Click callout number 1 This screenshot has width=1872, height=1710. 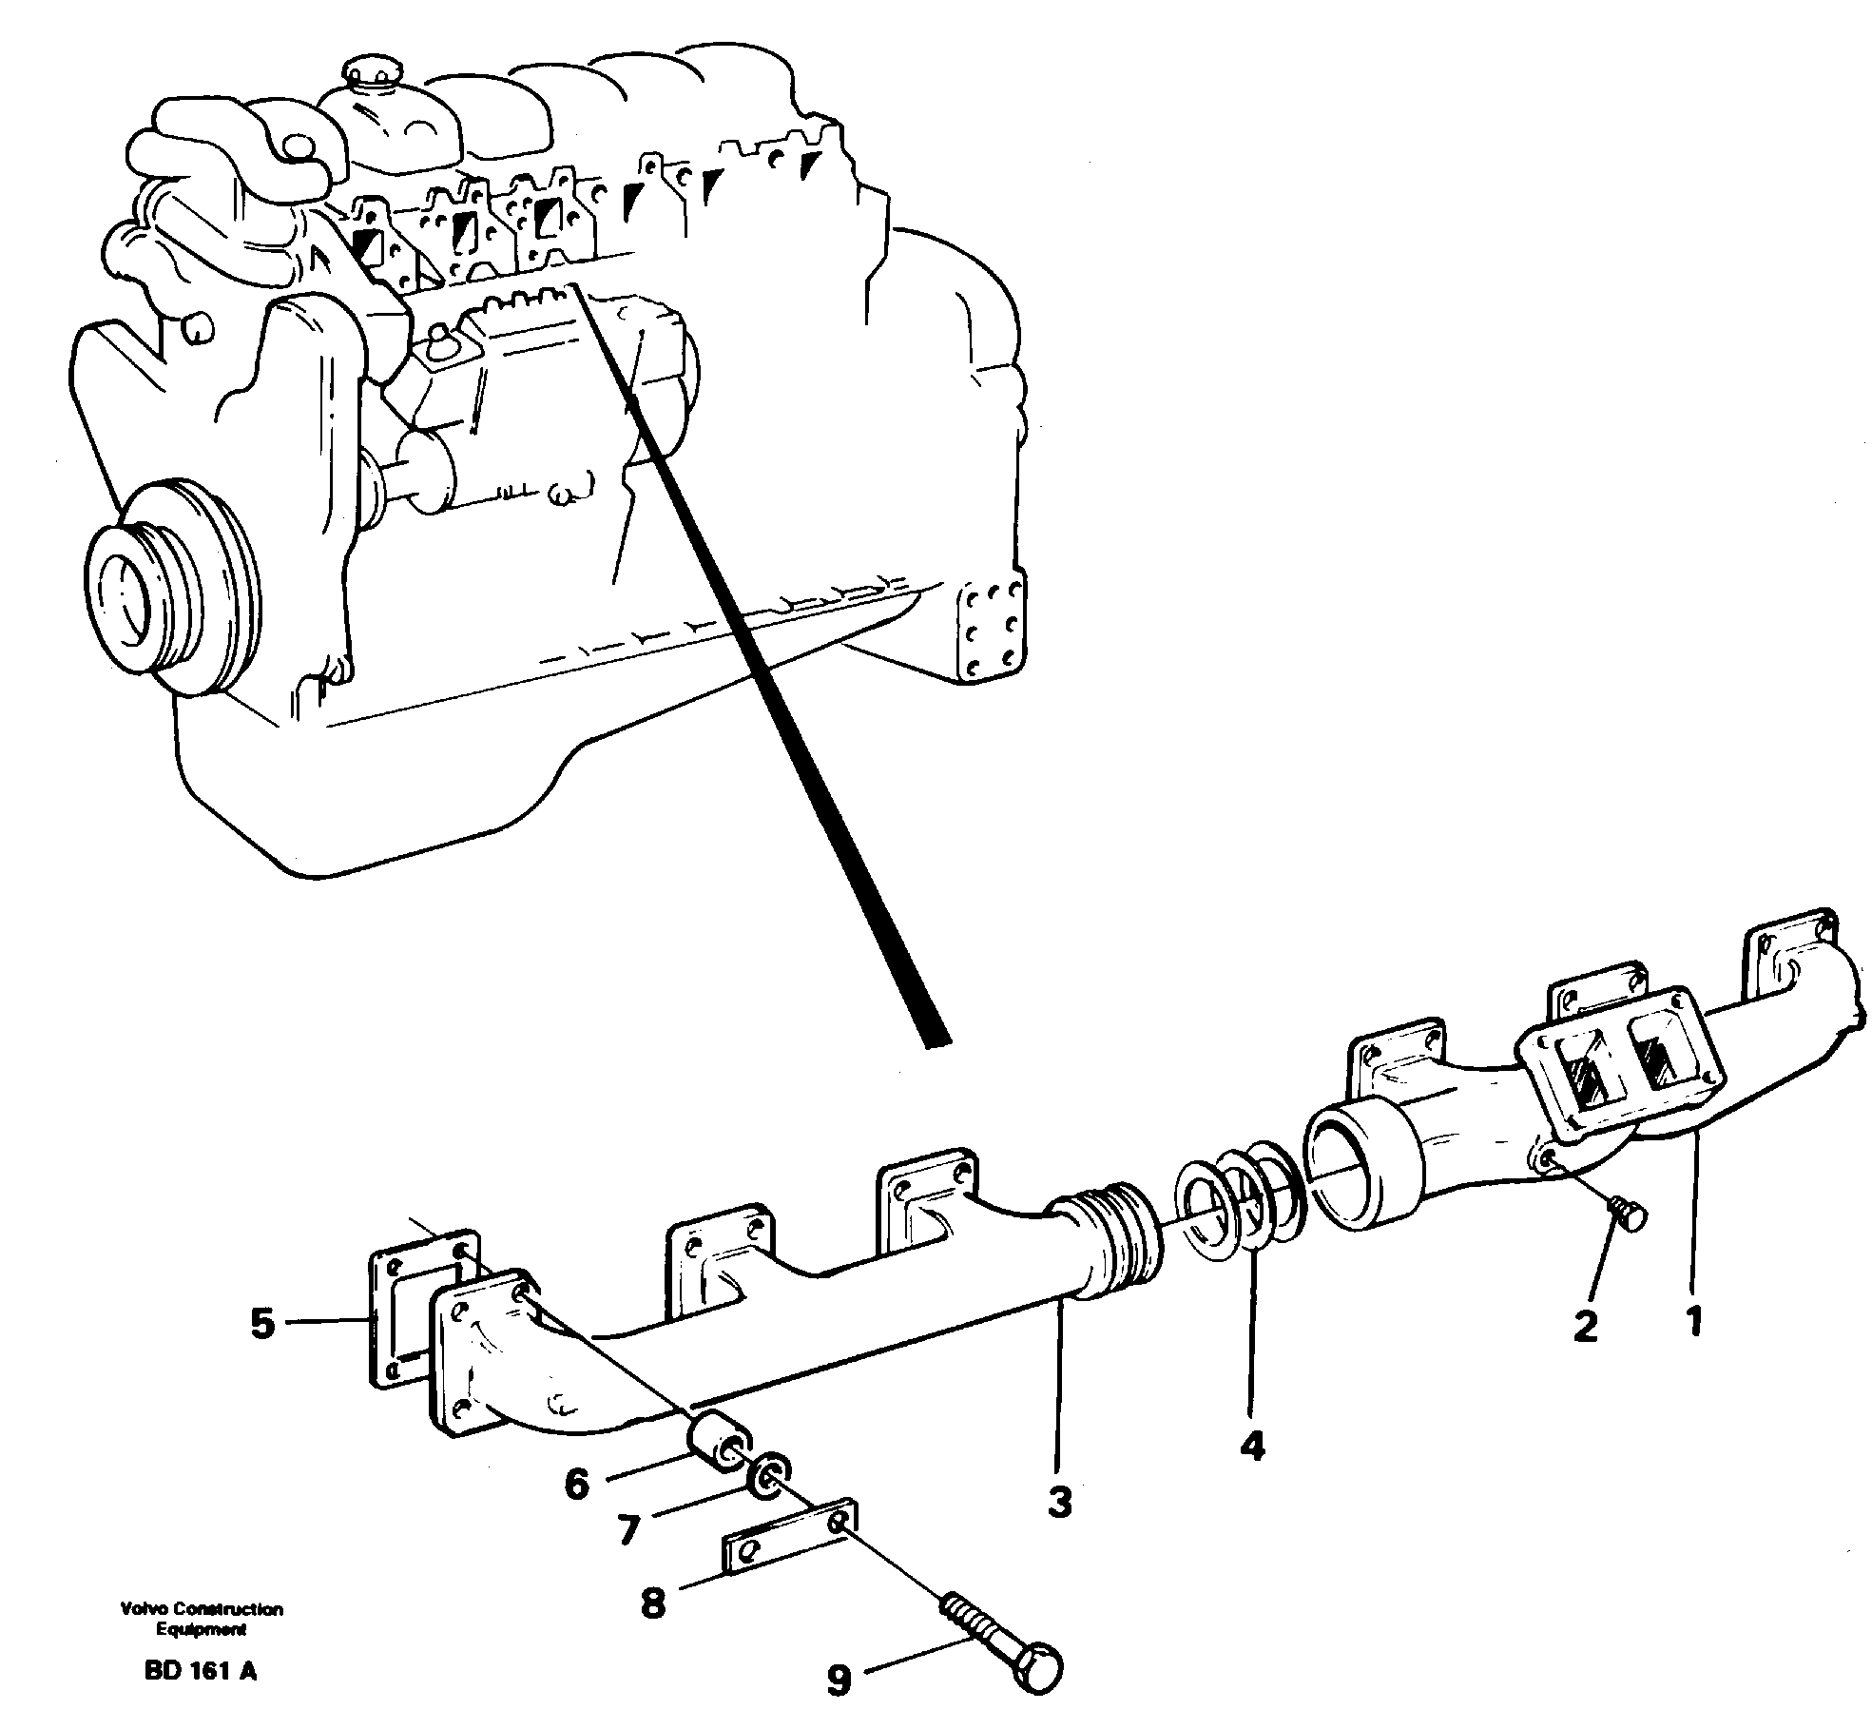coord(1693,1321)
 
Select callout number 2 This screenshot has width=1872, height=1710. coord(1585,1326)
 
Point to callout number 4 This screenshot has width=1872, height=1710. coord(1252,1447)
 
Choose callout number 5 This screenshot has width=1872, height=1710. coord(262,1323)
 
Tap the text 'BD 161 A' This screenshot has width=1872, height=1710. coord(201,1670)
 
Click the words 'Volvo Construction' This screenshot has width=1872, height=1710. coord(202,1610)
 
